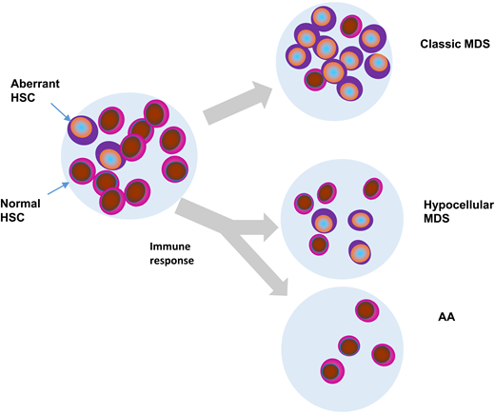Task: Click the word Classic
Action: pyautogui.click(x=437, y=45)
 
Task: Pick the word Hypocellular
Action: pyautogui.click(x=453, y=206)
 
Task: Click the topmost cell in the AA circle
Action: pyautogui.click(x=366, y=310)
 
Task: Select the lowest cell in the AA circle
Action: pyautogui.click(x=332, y=370)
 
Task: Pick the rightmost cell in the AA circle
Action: pyautogui.click(x=383, y=354)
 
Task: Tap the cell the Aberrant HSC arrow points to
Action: pyautogui.click(x=82, y=128)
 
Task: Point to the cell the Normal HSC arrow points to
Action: pyautogui.click(x=82, y=172)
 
